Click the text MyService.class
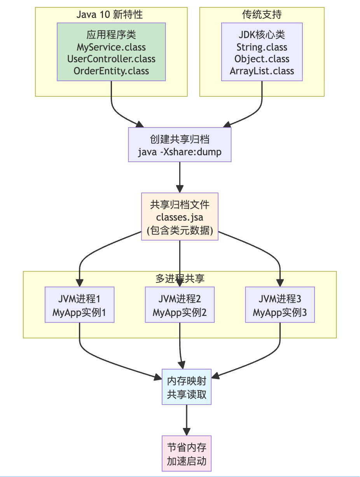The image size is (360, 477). [111, 47]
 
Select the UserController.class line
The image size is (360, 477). [111, 59]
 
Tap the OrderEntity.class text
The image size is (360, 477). [111, 71]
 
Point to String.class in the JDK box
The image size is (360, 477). [262, 47]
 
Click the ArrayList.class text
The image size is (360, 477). [262, 71]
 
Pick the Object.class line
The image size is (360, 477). [262, 59]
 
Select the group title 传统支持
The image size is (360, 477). [262, 15]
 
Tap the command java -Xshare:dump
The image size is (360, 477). [180, 151]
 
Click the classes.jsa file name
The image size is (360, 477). [180, 217]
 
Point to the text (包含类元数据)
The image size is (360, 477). [180, 230]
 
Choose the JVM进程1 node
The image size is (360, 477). [79, 305]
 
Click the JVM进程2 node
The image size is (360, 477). [180, 305]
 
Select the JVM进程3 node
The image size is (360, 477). [280, 305]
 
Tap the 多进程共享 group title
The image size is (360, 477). [180, 278]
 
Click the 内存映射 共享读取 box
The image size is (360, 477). [187, 387]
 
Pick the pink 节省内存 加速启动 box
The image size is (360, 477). [187, 454]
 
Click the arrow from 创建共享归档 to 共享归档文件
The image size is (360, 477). [180, 177]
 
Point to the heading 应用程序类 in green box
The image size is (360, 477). [111, 35]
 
